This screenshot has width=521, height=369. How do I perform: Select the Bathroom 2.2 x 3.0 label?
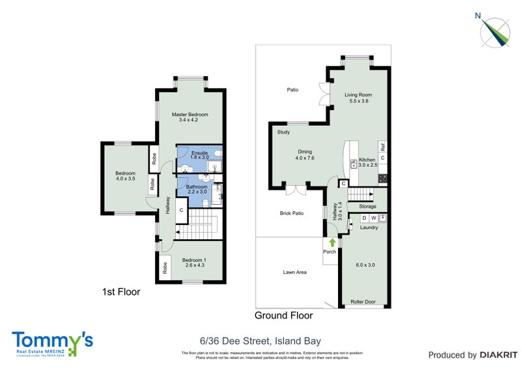pos(196,190)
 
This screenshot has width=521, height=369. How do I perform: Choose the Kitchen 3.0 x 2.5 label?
pos(367,162)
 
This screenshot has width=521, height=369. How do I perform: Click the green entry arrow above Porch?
pos(332,242)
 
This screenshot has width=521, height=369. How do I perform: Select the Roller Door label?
pos(362,302)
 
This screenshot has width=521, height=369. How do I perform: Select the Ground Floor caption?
pos(283,316)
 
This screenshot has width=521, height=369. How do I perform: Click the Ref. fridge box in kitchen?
pos(383,146)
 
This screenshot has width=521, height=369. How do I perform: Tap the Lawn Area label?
pos(294,273)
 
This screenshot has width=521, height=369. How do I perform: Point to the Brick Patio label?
pos(292,213)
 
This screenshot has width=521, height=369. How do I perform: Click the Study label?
pos(283,132)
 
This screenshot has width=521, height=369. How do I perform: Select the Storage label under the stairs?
pos(367,207)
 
